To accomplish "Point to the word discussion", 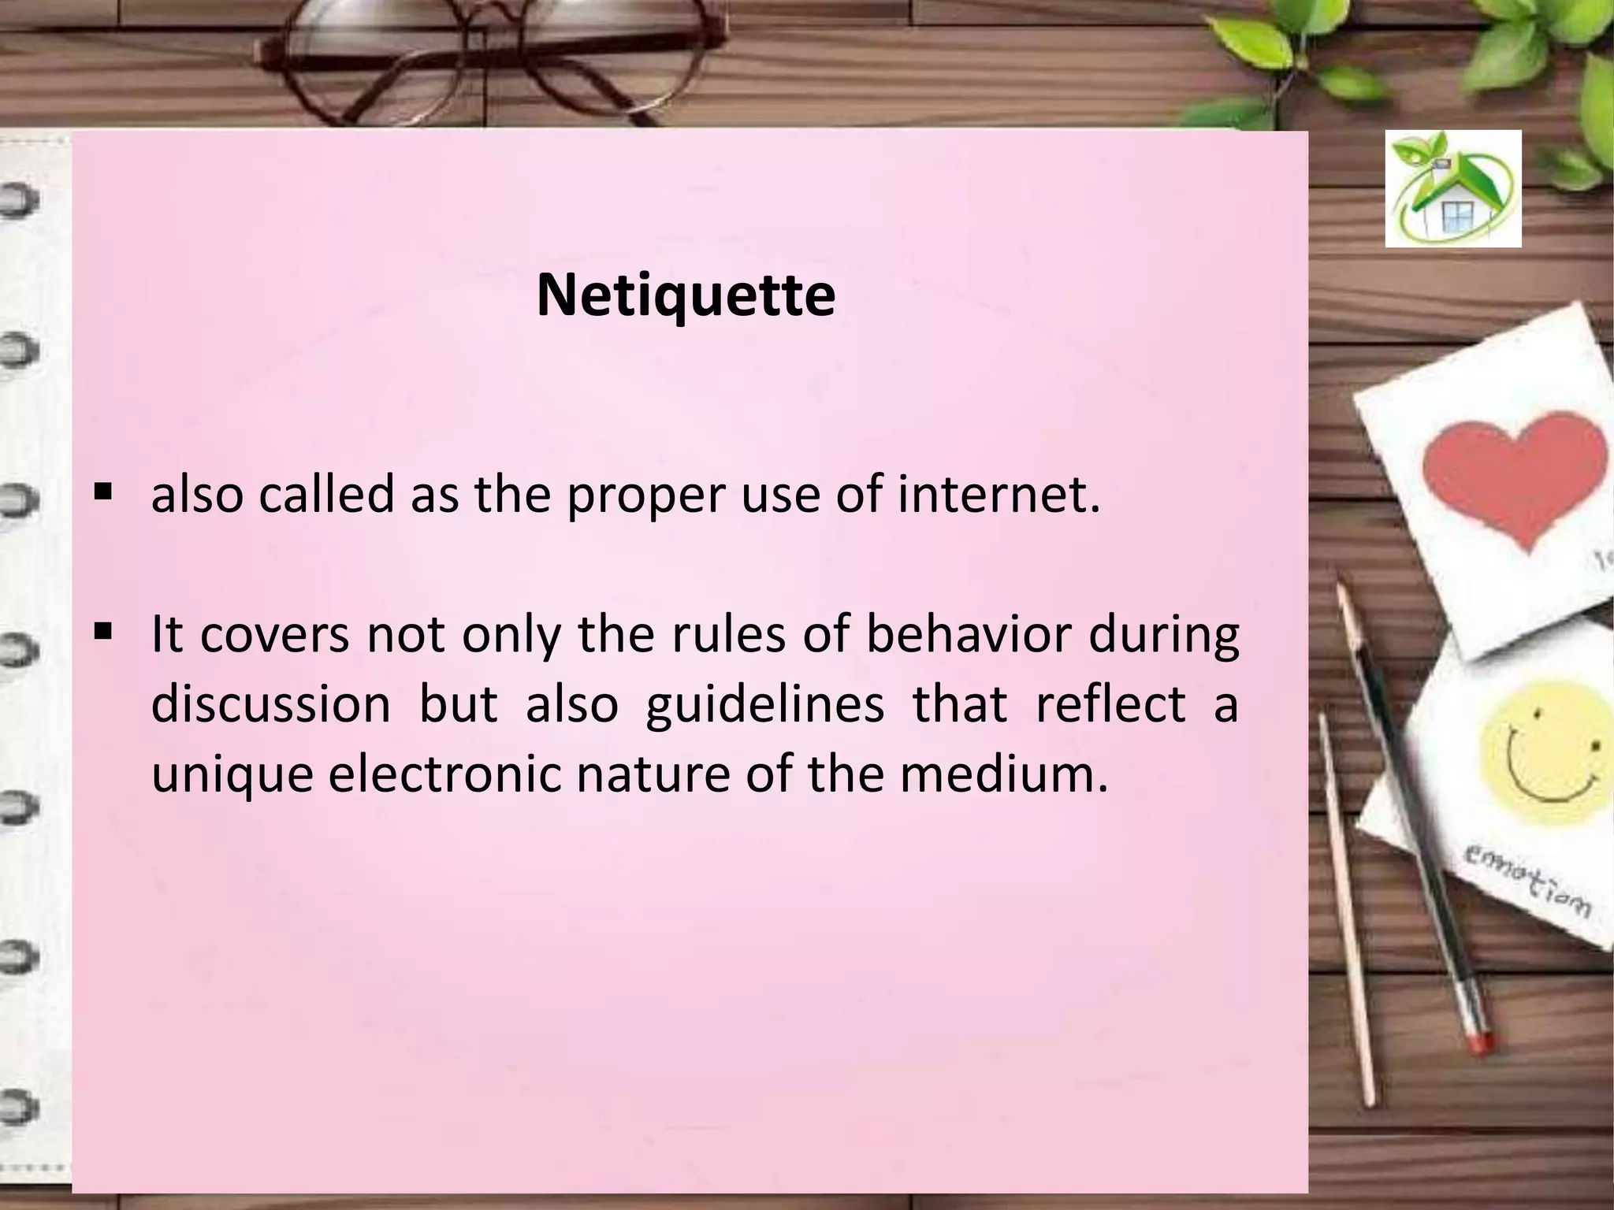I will click(270, 703).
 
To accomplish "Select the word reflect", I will click(1110, 703).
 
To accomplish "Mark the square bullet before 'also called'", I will click(102, 494).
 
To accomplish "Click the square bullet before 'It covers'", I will click(102, 632).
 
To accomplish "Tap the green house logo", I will click(1453, 189).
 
